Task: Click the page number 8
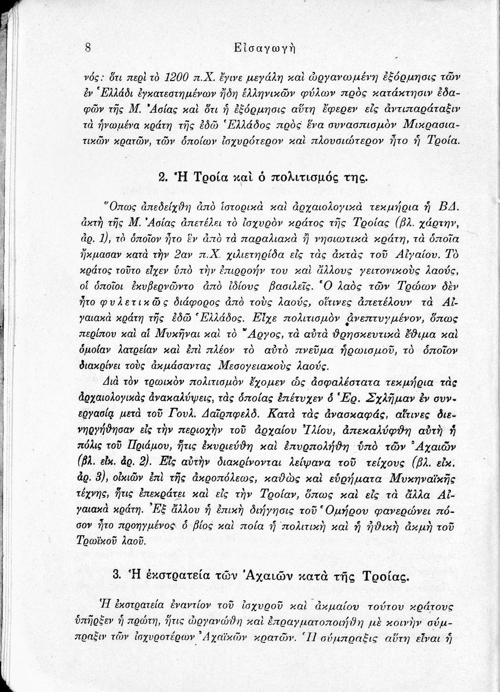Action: (x=88, y=48)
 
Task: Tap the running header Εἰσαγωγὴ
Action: (x=264, y=48)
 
